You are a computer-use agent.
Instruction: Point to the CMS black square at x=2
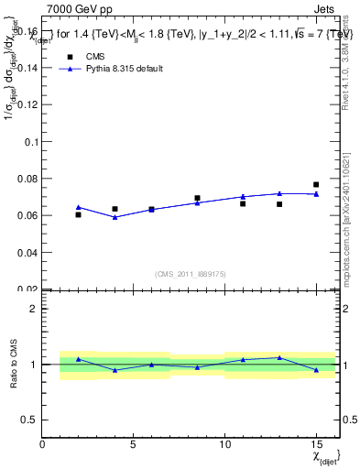click(79, 214)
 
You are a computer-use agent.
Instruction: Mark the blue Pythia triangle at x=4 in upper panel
click(115, 217)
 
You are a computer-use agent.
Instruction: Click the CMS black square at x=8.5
click(197, 198)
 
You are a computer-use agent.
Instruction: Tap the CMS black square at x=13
click(279, 204)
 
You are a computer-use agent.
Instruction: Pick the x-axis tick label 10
click(225, 445)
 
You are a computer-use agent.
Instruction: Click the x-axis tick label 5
click(134, 445)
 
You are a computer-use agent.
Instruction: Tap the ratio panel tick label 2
click(34, 309)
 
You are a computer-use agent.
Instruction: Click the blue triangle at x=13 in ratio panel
click(279, 357)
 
